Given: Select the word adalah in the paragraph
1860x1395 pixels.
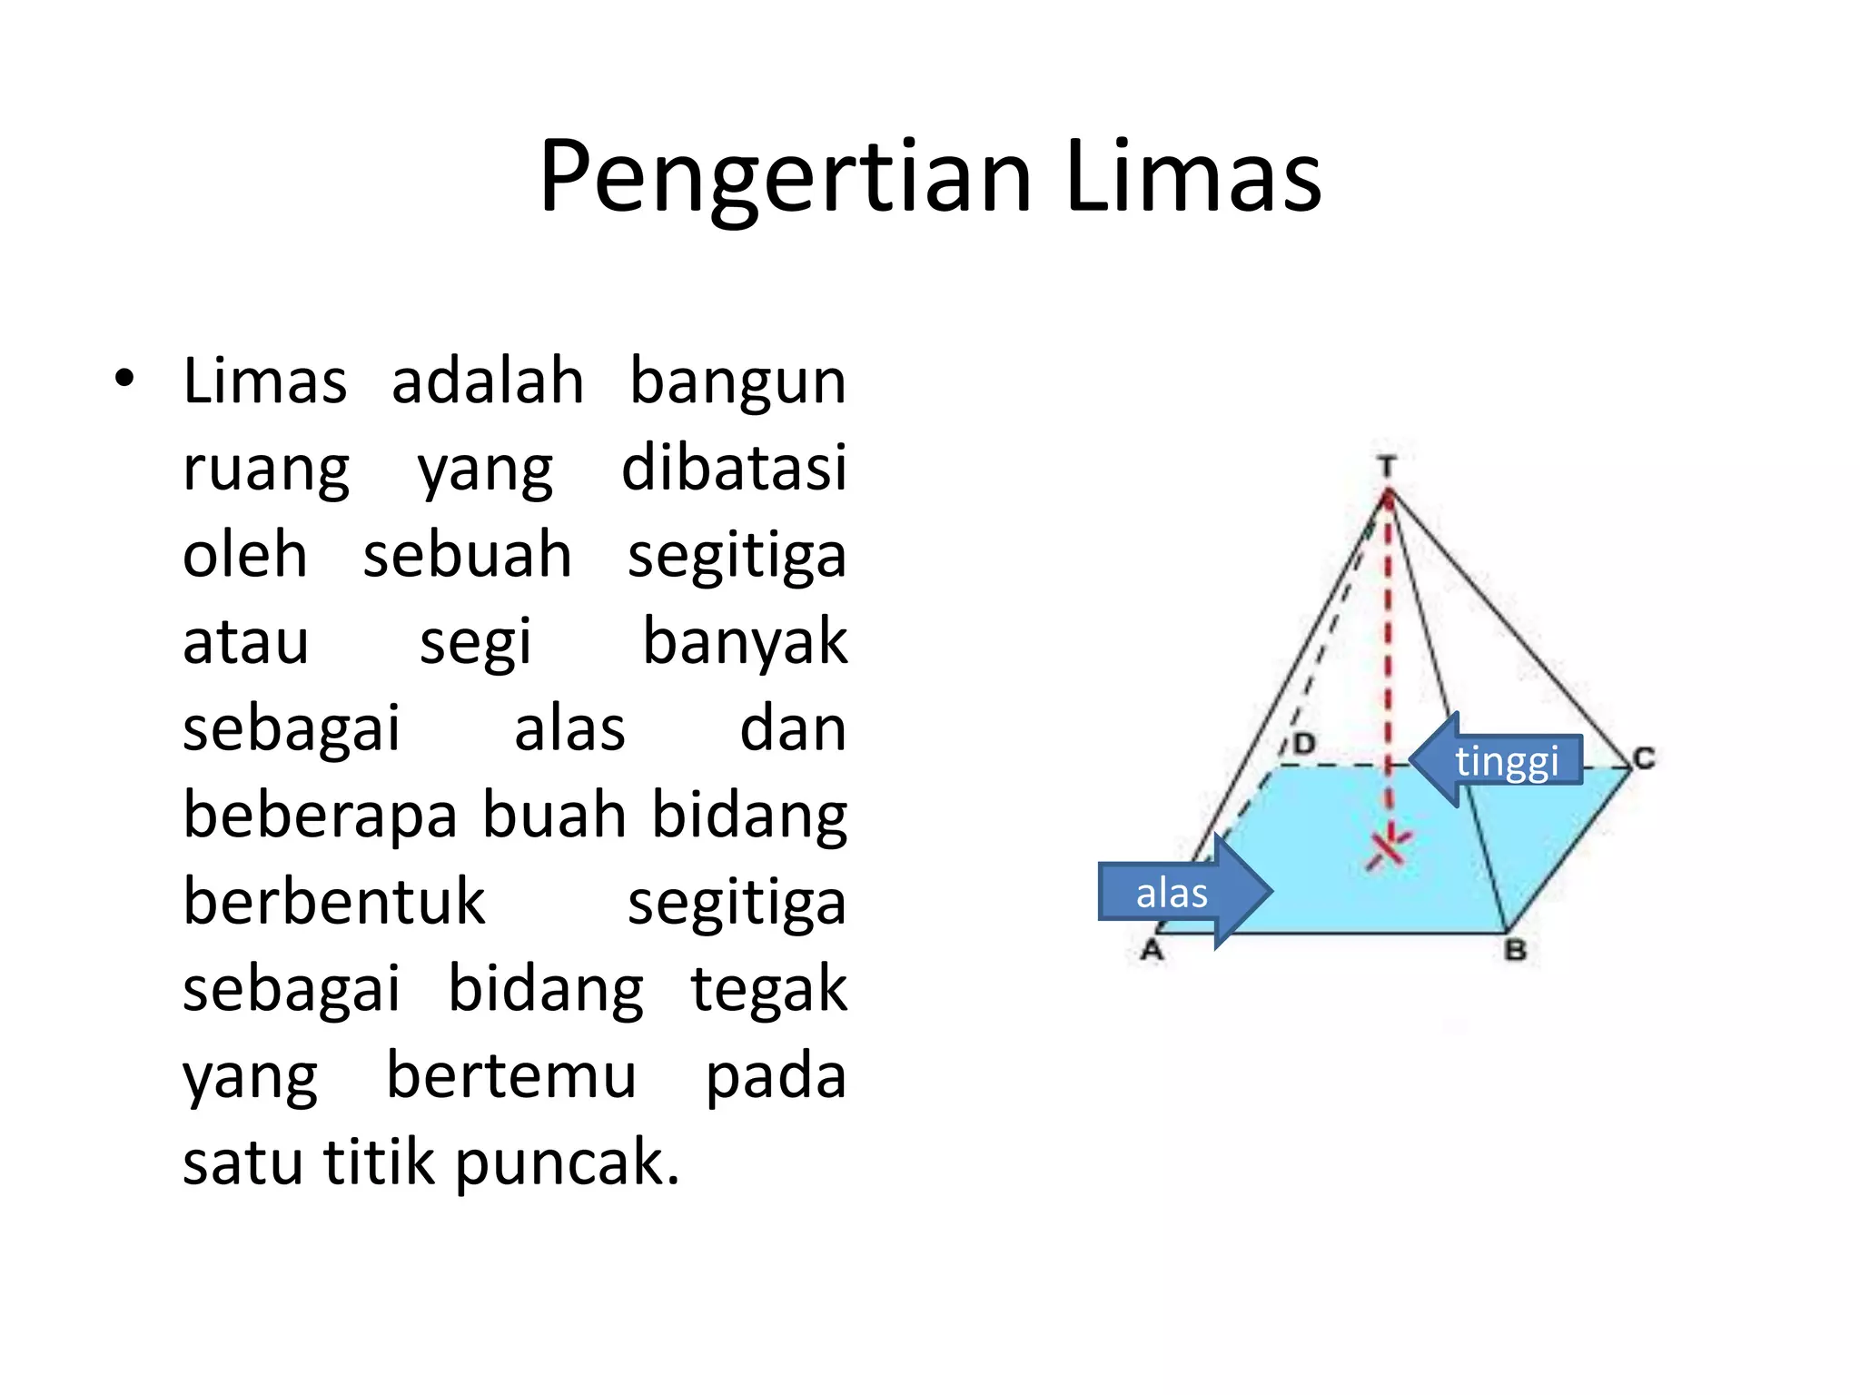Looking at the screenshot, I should (x=488, y=381).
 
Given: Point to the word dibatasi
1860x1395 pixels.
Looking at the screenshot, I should (x=734, y=468).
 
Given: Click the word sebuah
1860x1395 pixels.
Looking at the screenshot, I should (x=467, y=555).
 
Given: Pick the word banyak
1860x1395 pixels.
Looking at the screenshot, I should (x=745, y=642).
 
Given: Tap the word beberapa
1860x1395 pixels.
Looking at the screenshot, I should (x=320, y=815).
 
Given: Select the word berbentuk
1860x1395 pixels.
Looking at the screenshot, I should (x=333, y=902).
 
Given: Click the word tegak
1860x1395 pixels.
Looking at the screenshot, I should (x=768, y=989).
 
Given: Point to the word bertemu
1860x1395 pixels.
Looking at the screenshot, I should (x=511, y=1076).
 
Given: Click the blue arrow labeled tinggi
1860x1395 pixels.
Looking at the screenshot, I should (x=1499, y=761).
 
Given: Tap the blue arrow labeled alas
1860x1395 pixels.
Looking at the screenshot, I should (x=1182, y=893).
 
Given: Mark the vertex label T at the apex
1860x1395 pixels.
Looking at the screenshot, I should (x=1386, y=467).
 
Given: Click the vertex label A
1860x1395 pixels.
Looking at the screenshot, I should (x=1152, y=951).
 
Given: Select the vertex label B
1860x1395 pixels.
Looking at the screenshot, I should (x=1515, y=951).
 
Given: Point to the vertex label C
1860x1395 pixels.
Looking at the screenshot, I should (x=1644, y=757).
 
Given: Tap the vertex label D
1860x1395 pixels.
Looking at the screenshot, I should (x=1303, y=744).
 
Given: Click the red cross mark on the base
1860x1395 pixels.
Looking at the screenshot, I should (x=1388, y=850).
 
